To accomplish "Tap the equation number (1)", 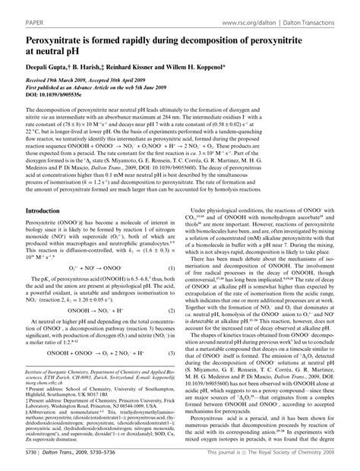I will [x=172, y=268].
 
